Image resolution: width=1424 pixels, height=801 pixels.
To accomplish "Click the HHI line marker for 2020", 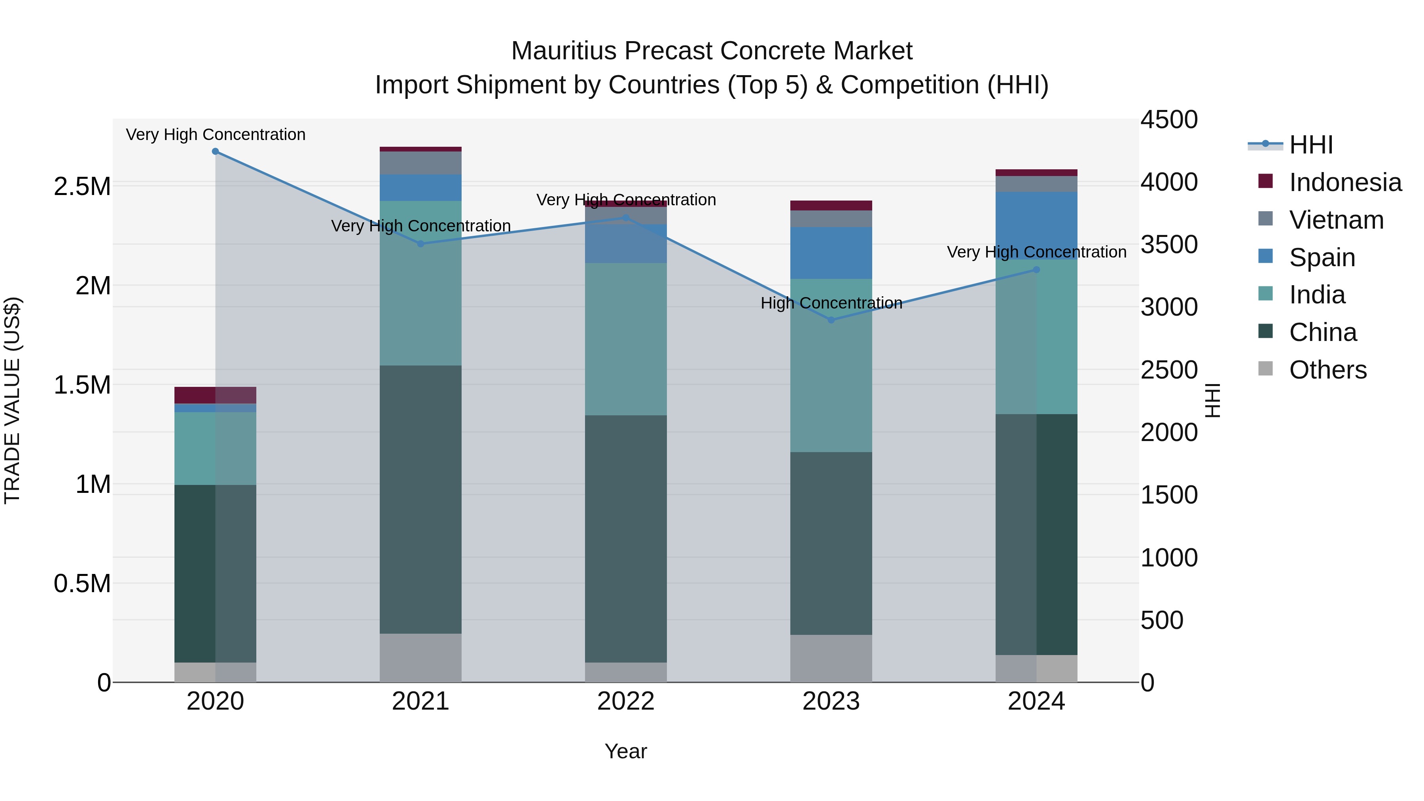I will [x=216, y=151].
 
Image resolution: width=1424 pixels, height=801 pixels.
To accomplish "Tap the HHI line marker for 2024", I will [x=1036, y=270].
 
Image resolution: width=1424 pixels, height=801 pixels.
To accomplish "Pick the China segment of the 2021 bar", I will [x=421, y=499].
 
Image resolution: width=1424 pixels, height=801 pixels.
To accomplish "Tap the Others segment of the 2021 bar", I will [x=421, y=658].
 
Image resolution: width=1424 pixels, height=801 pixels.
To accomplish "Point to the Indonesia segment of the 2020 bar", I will [x=216, y=395].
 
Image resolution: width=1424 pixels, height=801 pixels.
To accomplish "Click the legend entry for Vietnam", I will [x=1336, y=220].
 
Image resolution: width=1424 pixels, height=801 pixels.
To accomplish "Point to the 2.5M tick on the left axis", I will [x=82, y=187].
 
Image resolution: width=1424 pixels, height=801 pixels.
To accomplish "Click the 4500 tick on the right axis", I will [x=1168, y=120].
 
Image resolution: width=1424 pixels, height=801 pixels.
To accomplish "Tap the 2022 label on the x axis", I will [x=626, y=701].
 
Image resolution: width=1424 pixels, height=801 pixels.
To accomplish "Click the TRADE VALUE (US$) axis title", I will [x=12, y=400].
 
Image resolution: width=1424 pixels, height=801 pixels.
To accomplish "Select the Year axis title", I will [x=626, y=751].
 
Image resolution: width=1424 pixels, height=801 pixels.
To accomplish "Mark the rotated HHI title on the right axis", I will [x=1212, y=400].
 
